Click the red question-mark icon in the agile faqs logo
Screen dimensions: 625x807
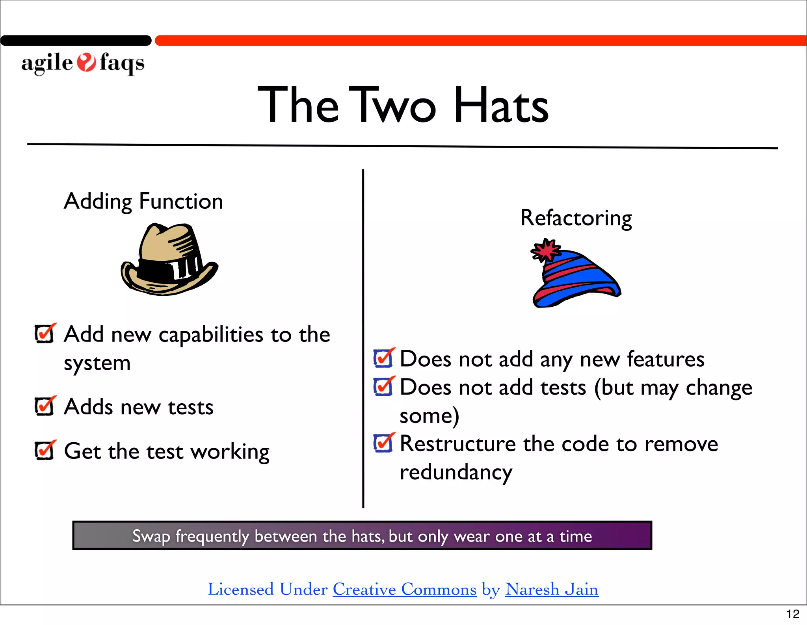point(86,62)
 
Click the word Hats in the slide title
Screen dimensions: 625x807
point(501,106)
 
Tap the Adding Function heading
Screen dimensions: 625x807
point(143,201)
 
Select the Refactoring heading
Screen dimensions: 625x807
point(576,218)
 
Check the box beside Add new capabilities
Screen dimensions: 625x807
point(44,334)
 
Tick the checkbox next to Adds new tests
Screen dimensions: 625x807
point(44,406)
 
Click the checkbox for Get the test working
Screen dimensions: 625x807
point(44,451)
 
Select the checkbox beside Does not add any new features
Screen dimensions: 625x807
point(383,358)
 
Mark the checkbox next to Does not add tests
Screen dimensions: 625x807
point(383,387)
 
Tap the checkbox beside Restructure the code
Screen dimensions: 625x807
point(383,443)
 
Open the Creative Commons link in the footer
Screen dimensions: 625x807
point(405,590)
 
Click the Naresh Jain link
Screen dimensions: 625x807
point(552,590)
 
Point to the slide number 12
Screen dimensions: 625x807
point(792,614)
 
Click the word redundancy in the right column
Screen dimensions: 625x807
point(456,472)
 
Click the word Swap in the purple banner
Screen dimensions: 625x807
point(151,536)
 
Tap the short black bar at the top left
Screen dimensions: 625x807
point(76,41)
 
